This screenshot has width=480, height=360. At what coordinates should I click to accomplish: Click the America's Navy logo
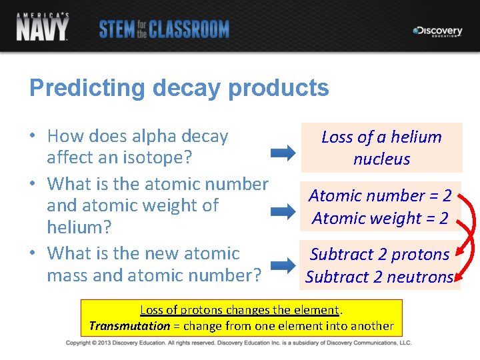(43, 27)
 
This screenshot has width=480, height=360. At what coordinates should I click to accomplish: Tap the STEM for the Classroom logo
(164, 29)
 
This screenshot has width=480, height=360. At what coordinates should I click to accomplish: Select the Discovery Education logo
(437, 31)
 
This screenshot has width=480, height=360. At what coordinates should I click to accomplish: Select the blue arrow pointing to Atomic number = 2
(283, 212)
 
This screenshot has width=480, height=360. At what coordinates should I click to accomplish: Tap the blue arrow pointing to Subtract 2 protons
(283, 265)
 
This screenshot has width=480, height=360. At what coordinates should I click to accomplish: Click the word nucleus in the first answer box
(381, 159)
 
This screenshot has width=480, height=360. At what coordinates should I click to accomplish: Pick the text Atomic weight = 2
(380, 219)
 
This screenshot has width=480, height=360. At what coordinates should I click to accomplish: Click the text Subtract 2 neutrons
(379, 277)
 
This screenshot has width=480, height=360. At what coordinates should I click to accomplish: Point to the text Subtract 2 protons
(379, 255)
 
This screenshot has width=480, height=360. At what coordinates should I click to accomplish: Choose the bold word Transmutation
(129, 326)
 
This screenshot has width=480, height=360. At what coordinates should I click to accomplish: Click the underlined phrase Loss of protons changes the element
(240, 310)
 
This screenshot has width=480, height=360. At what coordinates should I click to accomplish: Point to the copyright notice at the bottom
(239, 343)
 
